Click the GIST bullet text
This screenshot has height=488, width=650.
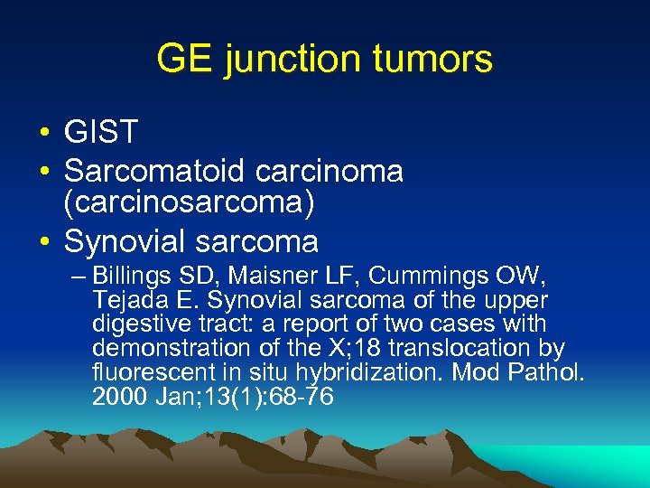point(100,133)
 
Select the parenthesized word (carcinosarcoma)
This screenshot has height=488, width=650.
point(190,204)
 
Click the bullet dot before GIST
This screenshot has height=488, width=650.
point(44,134)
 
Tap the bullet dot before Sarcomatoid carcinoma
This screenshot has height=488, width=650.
point(44,171)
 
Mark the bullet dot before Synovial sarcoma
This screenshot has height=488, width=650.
point(44,242)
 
